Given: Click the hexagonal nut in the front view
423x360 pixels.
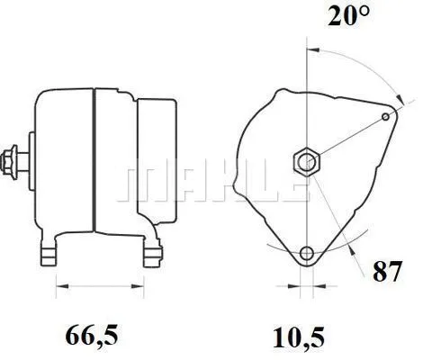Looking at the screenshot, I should pyautogui.click(x=308, y=162).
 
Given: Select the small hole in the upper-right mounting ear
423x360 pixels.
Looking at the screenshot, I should pyautogui.click(x=387, y=117).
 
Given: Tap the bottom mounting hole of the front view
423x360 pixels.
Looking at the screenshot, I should pyautogui.click(x=308, y=253).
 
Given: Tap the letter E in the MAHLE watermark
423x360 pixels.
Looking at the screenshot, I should pyautogui.click(x=286, y=183).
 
